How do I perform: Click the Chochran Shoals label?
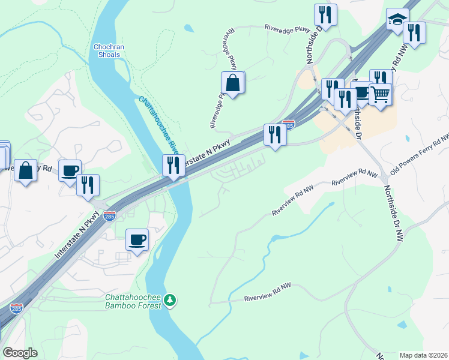coord(107,50)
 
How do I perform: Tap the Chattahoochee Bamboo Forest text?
coord(133,301)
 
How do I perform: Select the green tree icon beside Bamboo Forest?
coord(171,299)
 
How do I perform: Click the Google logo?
coord(20,353)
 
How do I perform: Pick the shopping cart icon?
coord(381,94)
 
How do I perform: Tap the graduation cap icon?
coord(397,19)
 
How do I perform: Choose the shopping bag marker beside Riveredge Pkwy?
coord(233,83)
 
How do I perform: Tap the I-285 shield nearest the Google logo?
coord(17,308)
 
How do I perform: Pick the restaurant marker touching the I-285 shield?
coord(275,134)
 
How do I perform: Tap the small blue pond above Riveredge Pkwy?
coord(190,28)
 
